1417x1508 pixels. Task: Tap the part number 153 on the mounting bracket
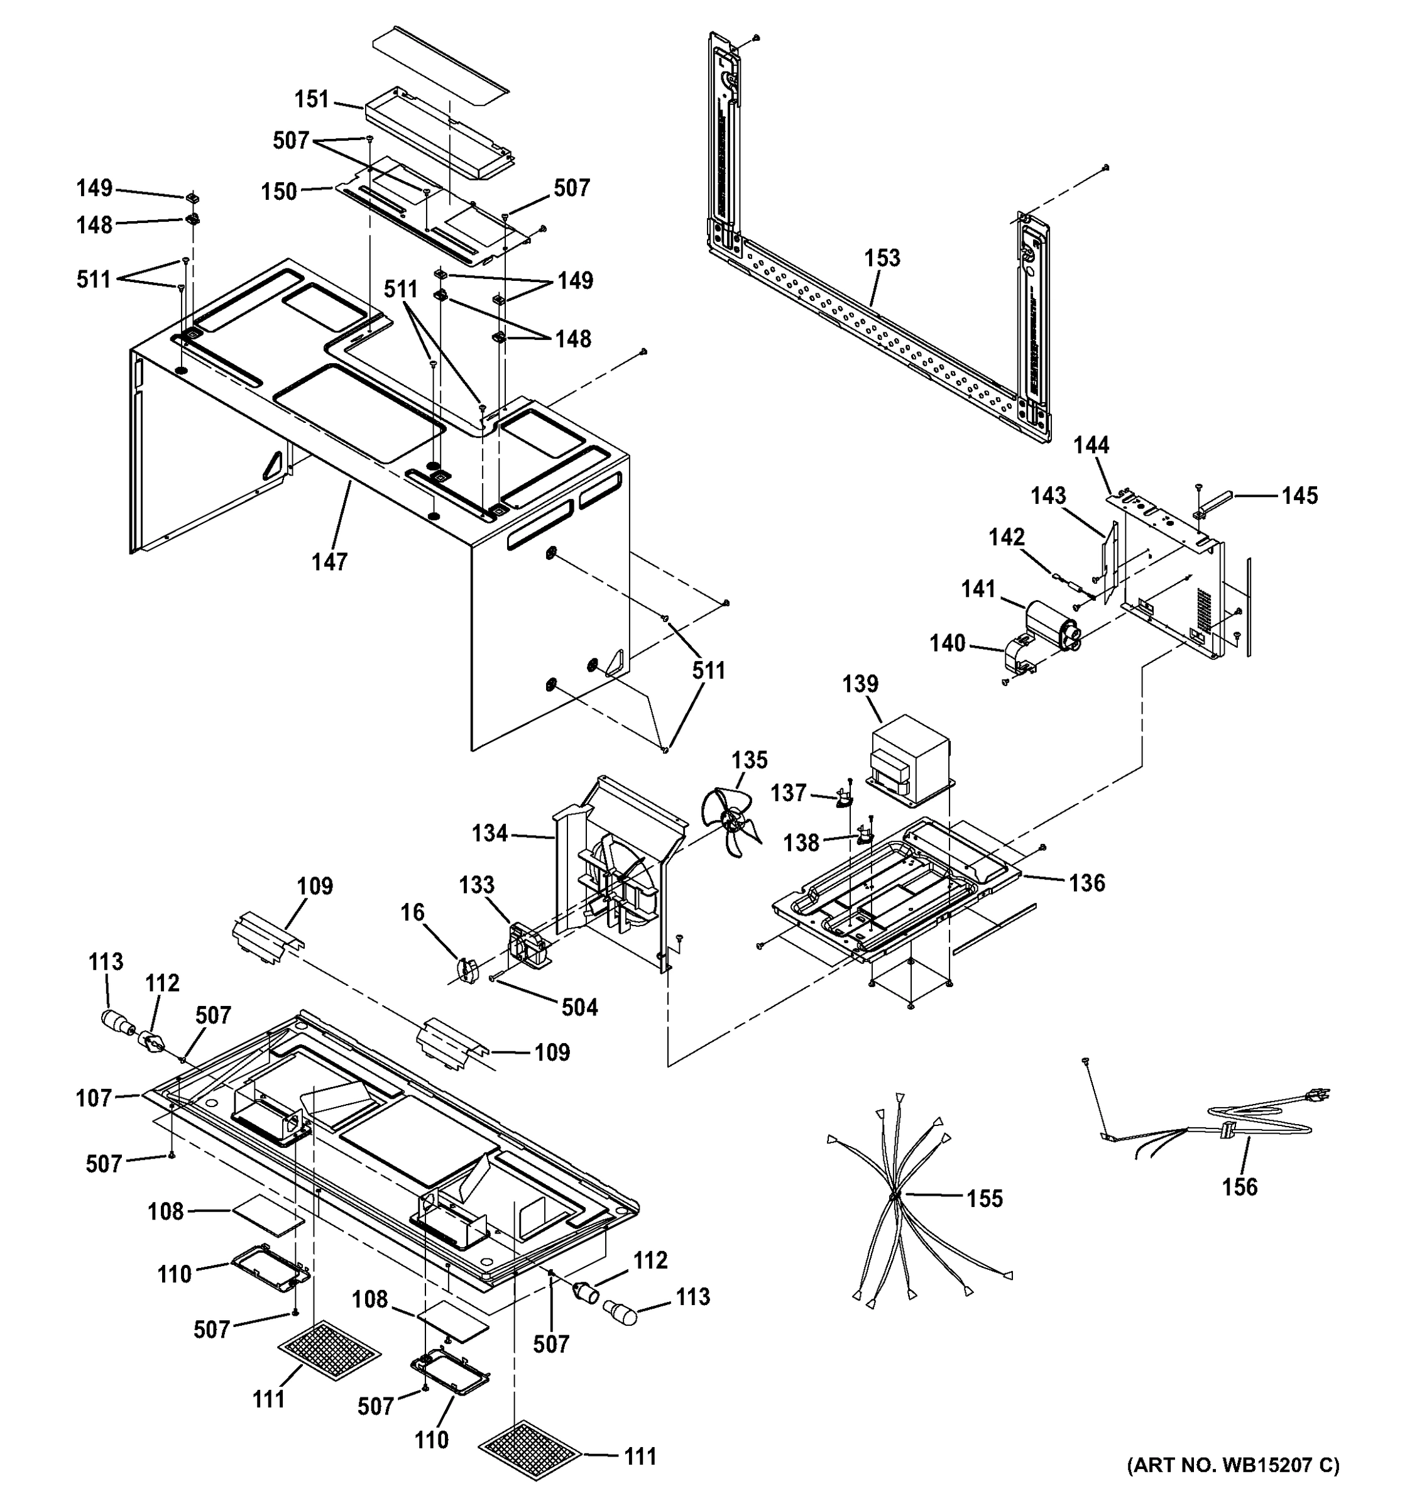pyautogui.click(x=882, y=258)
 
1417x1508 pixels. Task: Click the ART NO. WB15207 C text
pyautogui.click(x=1233, y=1485)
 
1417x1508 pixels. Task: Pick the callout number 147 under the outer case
pyautogui.click(x=330, y=562)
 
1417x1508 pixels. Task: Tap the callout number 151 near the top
pyautogui.click(x=312, y=99)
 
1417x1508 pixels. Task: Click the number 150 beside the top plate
pyautogui.click(x=279, y=192)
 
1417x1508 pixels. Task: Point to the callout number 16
pyautogui.click(x=413, y=912)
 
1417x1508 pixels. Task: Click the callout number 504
pyautogui.click(x=579, y=1007)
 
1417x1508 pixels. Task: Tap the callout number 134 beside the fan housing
pyautogui.click(x=490, y=833)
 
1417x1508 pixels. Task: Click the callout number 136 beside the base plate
pyautogui.click(x=1087, y=883)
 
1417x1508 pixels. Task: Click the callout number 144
pyautogui.click(x=1091, y=445)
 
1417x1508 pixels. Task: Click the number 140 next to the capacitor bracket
pyautogui.click(x=948, y=643)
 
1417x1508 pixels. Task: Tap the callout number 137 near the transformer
pyautogui.click(x=788, y=793)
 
